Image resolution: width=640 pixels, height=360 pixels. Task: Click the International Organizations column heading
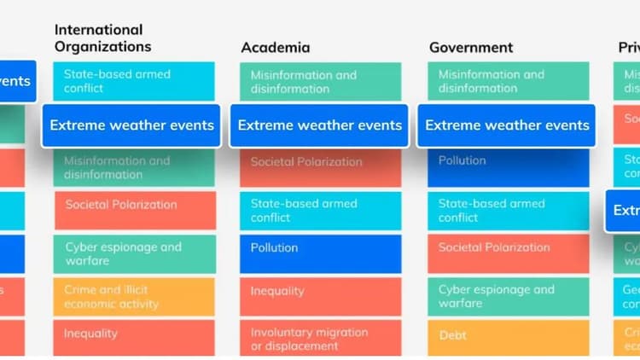click(x=102, y=38)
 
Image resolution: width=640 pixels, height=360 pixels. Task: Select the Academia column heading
click(x=275, y=48)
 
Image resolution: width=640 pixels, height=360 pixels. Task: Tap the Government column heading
click(x=470, y=48)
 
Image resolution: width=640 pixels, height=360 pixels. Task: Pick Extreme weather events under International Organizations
click(x=131, y=125)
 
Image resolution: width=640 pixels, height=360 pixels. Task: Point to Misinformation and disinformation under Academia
click(x=320, y=82)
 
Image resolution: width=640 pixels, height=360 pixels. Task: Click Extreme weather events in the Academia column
click(x=319, y=125)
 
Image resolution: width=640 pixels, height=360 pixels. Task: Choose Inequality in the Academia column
click(x=320, y=292)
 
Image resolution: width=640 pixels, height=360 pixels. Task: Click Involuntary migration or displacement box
click(x=320, y=339)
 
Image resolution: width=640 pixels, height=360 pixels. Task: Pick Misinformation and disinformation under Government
click(x=508, y=81)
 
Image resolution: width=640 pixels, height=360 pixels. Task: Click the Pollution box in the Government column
click(x=508, y=165)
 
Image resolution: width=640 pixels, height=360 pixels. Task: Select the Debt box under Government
click(x=508, y=336)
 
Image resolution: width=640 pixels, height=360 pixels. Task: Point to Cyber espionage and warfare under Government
click(x=508, y=296)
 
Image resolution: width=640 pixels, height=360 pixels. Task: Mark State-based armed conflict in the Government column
click(x=508, y=211)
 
